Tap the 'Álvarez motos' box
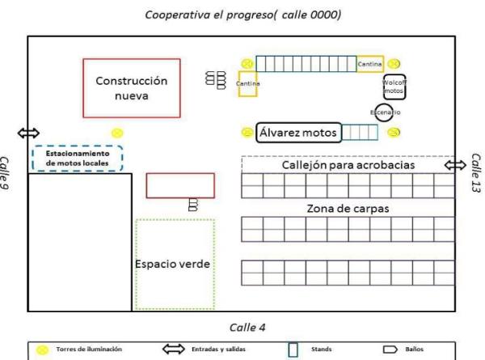[297, 132]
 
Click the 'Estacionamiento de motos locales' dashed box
[77, 158]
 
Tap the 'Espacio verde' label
[174, 265]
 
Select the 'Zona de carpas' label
[348, 208]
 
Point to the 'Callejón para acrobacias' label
[348, 164]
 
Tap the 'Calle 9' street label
[6, 172]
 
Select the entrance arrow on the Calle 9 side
[28, 133]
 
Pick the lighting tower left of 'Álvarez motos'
[247, 132]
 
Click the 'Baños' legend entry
[415, 349]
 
